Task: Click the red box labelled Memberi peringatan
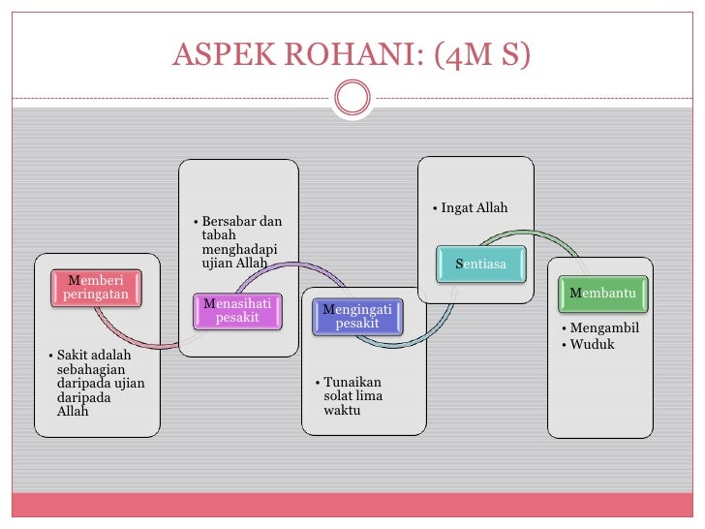click(96, 288)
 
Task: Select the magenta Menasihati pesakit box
click(238, 310)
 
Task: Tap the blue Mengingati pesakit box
click(356, 316)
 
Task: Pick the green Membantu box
click(608, 293)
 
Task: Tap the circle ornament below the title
click(352, 96)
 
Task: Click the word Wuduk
click(593, 344)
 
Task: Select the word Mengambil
click(604, 328)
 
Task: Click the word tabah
click(219, 236)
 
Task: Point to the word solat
click(340, 396)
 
